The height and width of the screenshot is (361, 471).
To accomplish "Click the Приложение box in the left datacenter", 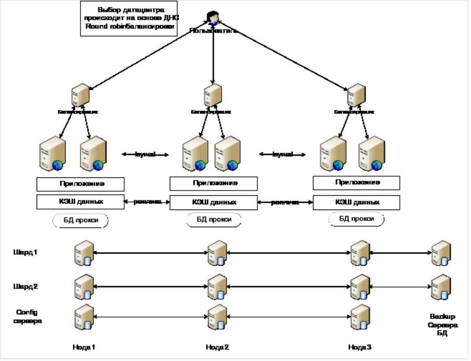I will [x=80, y=184].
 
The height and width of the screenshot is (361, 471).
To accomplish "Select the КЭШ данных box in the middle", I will [x=213, y=202].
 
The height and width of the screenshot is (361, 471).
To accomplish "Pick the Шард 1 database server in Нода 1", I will [x=83, y=254].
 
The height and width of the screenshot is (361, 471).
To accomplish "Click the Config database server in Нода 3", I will [x=360, y=317].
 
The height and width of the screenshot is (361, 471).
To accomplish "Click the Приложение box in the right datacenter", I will [x=357, y=183].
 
